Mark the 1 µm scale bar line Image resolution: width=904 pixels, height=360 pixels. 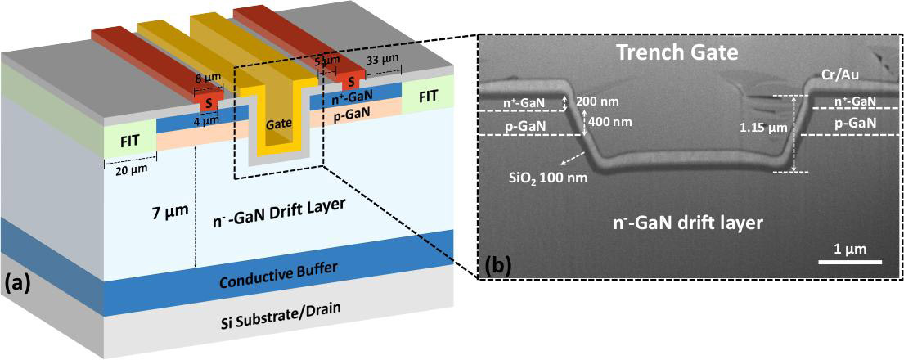pos(850,262)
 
